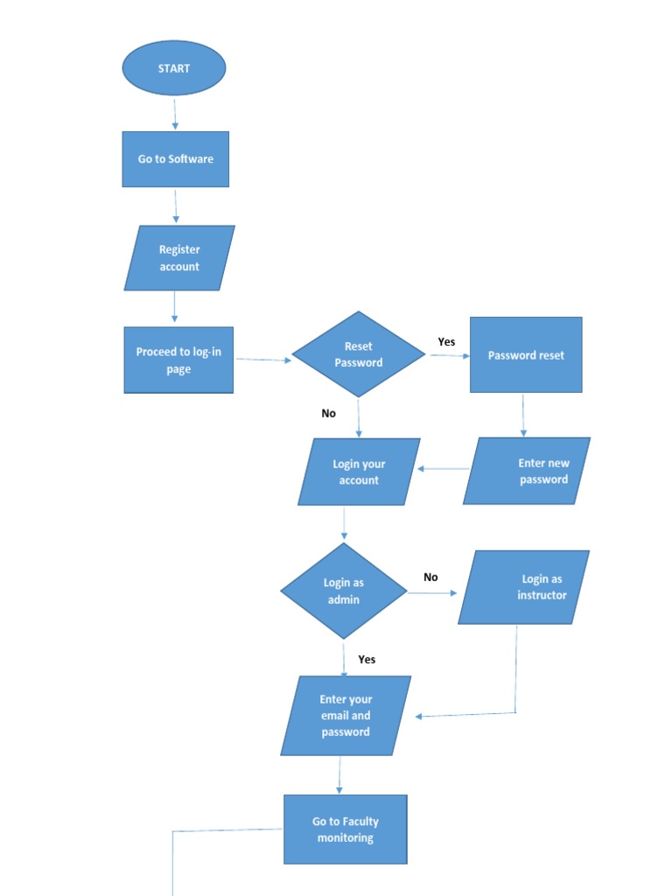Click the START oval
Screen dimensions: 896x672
click(x=174, y=68)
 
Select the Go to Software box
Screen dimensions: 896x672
click(x=175, y=159)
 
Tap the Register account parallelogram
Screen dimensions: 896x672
click(x=179, y=258)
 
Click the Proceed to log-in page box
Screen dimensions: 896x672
click(x=178, y=360)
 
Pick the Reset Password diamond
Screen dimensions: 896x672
click(x=359, y=354)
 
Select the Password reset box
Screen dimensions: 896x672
click(x=526, y=355)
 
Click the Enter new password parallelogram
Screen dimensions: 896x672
click(x=527, y=471)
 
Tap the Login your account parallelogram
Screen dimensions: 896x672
click(x=359, y=472)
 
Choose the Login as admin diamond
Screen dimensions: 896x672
click(x=344, y=591)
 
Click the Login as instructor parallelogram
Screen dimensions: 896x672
click(x=524, y=587)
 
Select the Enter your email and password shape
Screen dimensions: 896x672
click(x=346, y=716)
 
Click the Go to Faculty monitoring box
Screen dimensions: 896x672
click(x=346, y=829)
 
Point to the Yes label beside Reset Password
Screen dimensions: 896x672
click(x=446, y=342)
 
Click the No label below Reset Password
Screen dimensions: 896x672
click(x=328, y=413)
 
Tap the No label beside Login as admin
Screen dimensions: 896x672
click(x=430, y=577)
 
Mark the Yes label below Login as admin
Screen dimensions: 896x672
click(x=367, y=660)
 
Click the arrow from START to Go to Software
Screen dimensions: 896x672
click(x=175, y=114)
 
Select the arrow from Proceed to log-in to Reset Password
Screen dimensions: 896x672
click(x=262, y=360)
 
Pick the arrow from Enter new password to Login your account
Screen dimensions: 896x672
click(x=444, y=469)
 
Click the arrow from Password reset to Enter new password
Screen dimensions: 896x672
click(x=523, y=415)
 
